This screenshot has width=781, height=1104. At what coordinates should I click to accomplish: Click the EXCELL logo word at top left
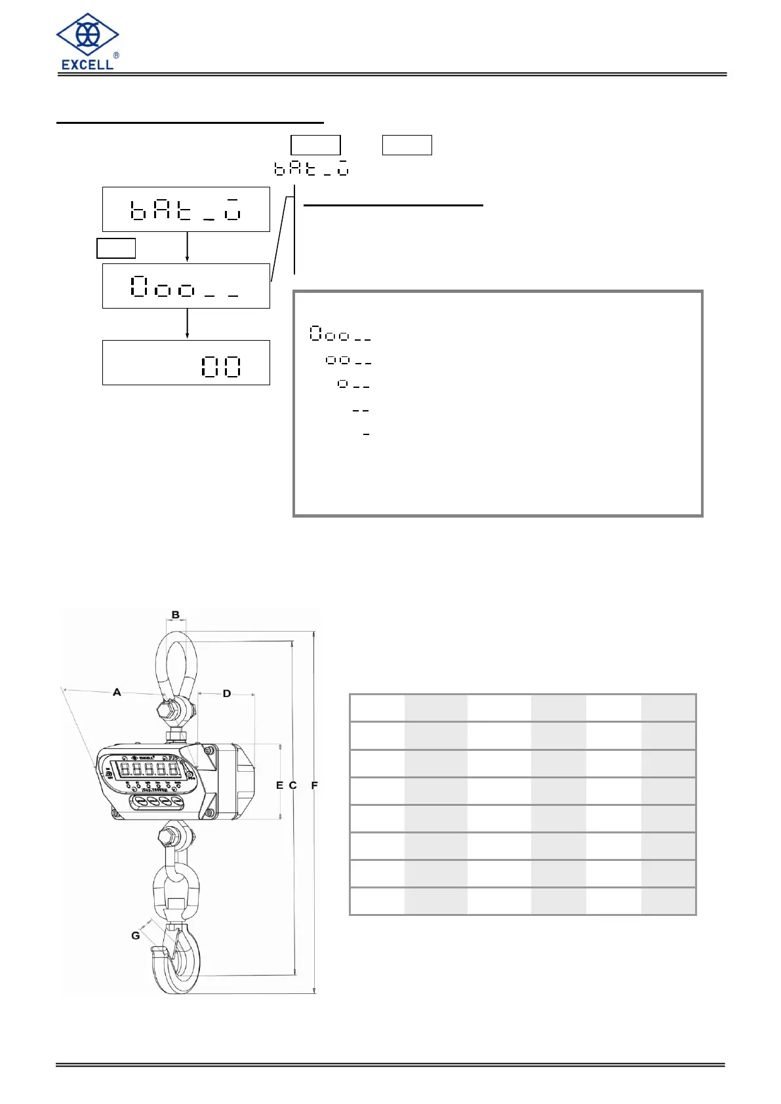[87, 64]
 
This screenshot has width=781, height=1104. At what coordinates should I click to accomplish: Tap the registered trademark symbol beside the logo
[116, 56]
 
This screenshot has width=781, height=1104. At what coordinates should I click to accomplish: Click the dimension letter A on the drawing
[117, 692]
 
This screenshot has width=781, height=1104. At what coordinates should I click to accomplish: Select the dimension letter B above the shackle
[176, 615]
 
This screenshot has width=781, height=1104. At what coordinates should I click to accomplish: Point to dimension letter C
[293, 785]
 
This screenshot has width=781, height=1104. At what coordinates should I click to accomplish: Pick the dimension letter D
[227, 693]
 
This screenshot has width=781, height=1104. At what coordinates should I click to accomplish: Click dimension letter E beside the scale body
[280, 785]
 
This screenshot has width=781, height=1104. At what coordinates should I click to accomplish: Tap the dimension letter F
[315, 785]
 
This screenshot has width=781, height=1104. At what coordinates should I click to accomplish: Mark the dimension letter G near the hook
[136, 936]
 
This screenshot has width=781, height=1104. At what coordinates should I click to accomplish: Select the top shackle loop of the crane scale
[176, 662]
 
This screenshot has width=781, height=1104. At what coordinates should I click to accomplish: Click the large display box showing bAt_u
[186, 210]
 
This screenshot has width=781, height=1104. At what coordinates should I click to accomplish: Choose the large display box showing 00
[186, 363]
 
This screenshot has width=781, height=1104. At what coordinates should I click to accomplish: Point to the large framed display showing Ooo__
[186, 286]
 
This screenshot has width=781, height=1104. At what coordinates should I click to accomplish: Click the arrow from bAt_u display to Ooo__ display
[188, 247]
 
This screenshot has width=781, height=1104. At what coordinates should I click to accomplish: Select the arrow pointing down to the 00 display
[188, 324]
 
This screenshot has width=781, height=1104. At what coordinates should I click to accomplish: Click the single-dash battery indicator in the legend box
[366, 434]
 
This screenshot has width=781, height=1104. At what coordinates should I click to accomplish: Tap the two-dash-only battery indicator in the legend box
[361, 411]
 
